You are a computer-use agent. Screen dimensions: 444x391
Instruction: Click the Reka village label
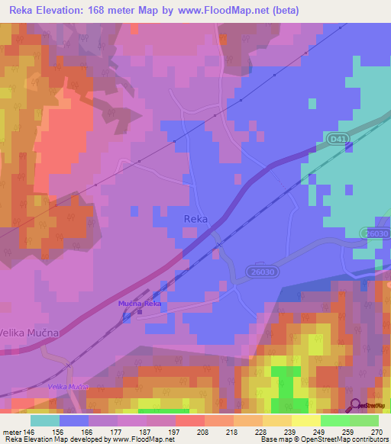click(196, 219)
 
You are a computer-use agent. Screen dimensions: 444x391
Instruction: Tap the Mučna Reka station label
click(139, 304)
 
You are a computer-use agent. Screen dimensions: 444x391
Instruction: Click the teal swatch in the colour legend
click(45, 420)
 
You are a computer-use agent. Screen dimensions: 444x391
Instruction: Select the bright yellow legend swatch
click(305, 420)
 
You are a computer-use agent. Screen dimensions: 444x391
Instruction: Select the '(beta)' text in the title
click(279, 11)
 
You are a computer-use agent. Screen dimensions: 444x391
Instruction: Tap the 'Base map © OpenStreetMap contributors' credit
click(323, 439)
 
